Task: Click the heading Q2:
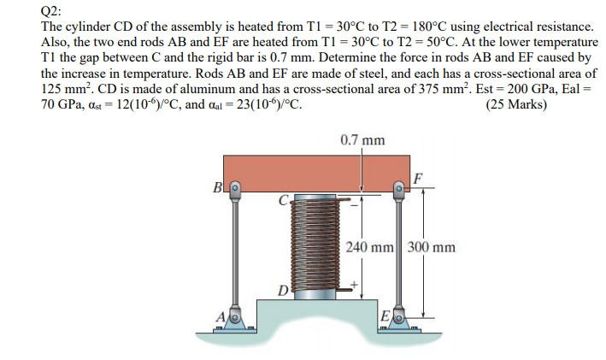click(x=53, y=11)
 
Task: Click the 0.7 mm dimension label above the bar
click(x=362, y=139)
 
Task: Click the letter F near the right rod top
click(x=416, y=179)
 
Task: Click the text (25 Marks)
click(x=516, y=106)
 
